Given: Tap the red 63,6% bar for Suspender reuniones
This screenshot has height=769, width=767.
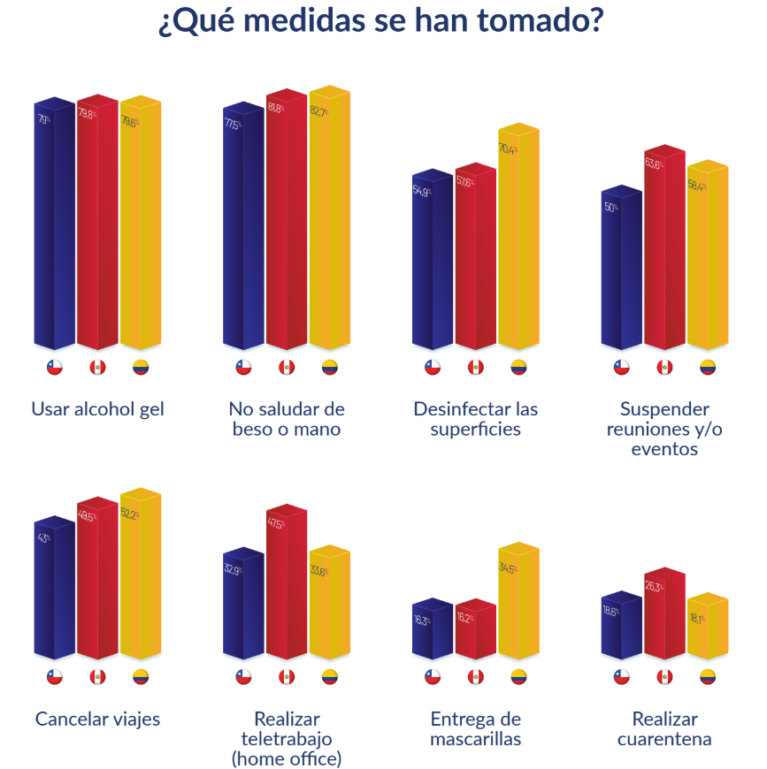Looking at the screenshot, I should [664, 252].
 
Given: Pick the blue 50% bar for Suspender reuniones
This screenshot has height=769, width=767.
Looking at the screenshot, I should [621, 270].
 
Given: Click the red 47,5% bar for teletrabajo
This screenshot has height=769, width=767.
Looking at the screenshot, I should [287, 588].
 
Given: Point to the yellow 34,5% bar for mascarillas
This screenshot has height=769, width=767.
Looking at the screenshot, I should [518, 605].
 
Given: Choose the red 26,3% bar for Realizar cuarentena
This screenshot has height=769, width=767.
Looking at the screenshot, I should [664, 619].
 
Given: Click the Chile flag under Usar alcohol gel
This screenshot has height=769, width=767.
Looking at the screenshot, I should [55, 368].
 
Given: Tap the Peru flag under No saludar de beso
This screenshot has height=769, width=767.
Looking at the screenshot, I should [287, 368].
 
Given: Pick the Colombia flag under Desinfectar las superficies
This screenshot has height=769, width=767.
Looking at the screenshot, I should [518, 368].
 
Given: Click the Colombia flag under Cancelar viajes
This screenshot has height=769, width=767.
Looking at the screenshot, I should [141, 677].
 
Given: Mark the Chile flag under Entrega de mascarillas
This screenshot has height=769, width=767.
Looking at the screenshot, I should [433, 677].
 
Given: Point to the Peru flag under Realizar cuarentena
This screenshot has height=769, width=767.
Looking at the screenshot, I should [664, 677].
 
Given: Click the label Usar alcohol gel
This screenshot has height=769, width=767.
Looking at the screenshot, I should [97, 409].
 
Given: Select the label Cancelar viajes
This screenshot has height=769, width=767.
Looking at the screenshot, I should [97, 719].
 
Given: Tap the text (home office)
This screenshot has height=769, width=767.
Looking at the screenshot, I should [287, 758].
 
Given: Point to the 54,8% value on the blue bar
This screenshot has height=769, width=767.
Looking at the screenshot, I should [422, 191].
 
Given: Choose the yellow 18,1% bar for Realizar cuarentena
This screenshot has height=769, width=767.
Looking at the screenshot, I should [708, 632].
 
